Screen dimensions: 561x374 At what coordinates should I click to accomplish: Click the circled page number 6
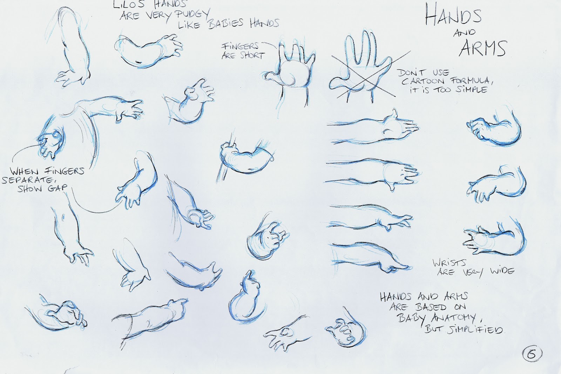click(532, 354)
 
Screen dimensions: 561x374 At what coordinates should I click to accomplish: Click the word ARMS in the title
click(482, 48)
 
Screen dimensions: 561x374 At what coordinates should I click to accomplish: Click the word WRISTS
click(450, 263)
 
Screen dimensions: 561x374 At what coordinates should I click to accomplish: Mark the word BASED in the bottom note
click(431, 307)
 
